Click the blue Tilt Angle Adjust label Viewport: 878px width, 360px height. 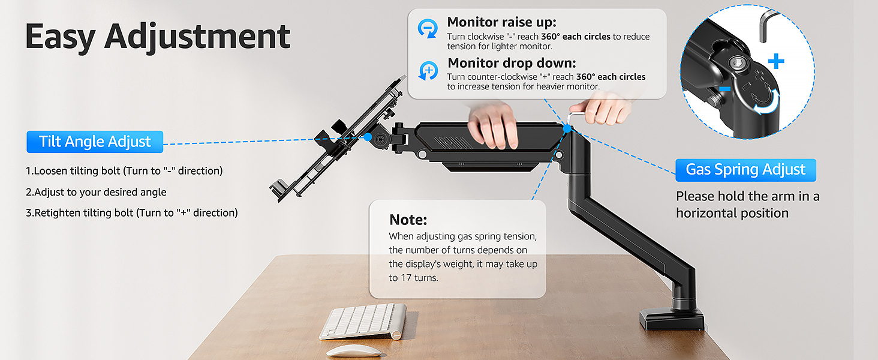coord(95,142)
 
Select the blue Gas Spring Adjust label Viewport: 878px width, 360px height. coord(745,170)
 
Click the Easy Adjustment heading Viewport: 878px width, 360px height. coord(158,37)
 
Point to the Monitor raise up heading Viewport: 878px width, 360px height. coord(502,22)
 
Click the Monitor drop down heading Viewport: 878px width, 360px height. coord(512,63)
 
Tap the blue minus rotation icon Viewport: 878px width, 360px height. coord(428,28)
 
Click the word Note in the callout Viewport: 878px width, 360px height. coord(408,219)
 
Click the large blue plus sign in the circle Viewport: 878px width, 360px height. coord(776,61)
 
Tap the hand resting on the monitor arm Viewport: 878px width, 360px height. coord(493,126)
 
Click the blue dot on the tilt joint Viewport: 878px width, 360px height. coord(367,137)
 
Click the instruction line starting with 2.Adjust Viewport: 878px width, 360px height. coord(96,192)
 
